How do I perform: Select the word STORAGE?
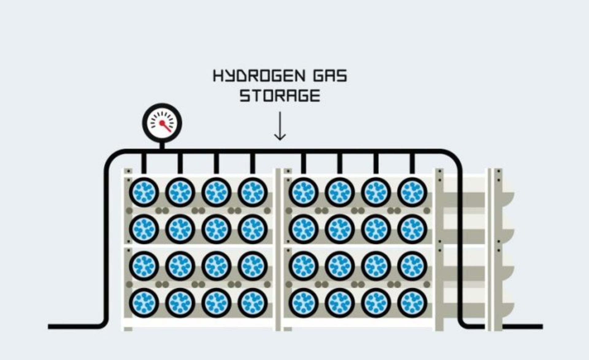pos(279,96)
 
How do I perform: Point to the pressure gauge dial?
pos(162,123)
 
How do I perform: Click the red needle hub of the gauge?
pos(162,123)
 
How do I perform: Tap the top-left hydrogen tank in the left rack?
pos(144,192)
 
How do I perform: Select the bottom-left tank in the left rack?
pos(144,303)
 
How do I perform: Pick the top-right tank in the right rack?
pos(412,192)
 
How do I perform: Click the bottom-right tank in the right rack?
pos(412,303)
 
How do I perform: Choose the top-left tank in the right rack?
pos(303,192)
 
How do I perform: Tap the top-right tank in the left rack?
pos(252,192)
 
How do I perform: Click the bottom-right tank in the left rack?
pos(252,303)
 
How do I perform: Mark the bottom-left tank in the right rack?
pos(303,303)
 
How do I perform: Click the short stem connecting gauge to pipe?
pos(162,145)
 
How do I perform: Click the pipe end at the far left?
pos(51,327)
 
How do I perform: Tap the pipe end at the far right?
pos(540,327)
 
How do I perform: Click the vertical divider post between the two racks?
pos(278,249)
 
